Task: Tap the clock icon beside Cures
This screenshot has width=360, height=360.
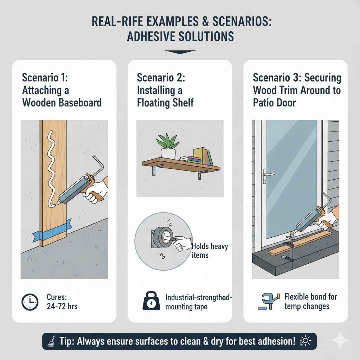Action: pyautogui.click(x=30, y=301)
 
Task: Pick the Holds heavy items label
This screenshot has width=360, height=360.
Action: pyautogui.click(x=210, y=250)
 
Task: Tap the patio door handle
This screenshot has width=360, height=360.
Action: pyautogui.click(x=268, y=174)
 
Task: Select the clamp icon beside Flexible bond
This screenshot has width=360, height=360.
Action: pyautogui.click(x=268, y=301)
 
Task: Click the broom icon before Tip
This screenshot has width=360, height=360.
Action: pyautogui.click(x=50, y=341)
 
